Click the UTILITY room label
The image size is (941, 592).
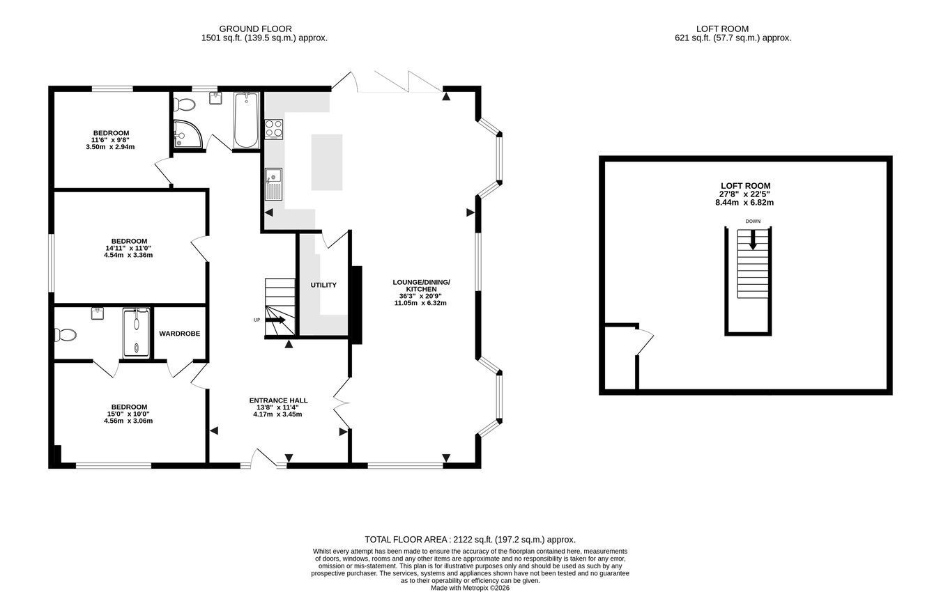click(323, 285)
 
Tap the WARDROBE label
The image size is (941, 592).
click(179, 334)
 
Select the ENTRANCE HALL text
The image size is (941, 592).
click(278, 400)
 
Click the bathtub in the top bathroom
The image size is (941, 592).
click(246, 120)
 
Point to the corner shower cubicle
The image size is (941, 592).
click(187, 134)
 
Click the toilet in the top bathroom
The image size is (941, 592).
click(185, 104)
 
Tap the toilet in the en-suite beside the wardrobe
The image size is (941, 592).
click(65, 334)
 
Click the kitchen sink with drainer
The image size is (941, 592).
click(273, 185)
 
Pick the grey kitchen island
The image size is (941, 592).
click(327, 162)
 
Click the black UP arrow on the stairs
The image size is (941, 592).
click(275, 320)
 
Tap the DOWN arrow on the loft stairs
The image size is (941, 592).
click(753, 240)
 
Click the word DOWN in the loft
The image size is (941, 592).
click(753, 221)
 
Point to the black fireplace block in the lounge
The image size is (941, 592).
click(356, 305)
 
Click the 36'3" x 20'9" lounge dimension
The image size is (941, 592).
click(420, 296)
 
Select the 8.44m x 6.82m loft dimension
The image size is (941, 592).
click(744, 203)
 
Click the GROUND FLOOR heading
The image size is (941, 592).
click(255, 29)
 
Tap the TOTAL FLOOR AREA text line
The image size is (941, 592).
click(470, 540)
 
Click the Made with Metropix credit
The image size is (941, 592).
click(470, 588)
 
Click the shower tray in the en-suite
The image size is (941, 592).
click(136, 334)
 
